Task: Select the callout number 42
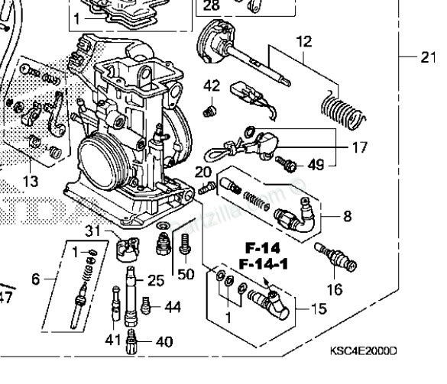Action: coord(211,86)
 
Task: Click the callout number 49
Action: coord(316,164)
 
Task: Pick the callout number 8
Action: coord(347,216)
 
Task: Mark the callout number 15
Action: coord(317,309)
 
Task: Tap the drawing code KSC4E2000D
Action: coord(363,350)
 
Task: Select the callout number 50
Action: coord(185,274)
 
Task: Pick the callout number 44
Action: coord(172,308)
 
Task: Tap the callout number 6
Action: coord(36,279)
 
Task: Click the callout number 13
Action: coord(30,181)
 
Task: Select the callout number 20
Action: coord(202,172)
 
